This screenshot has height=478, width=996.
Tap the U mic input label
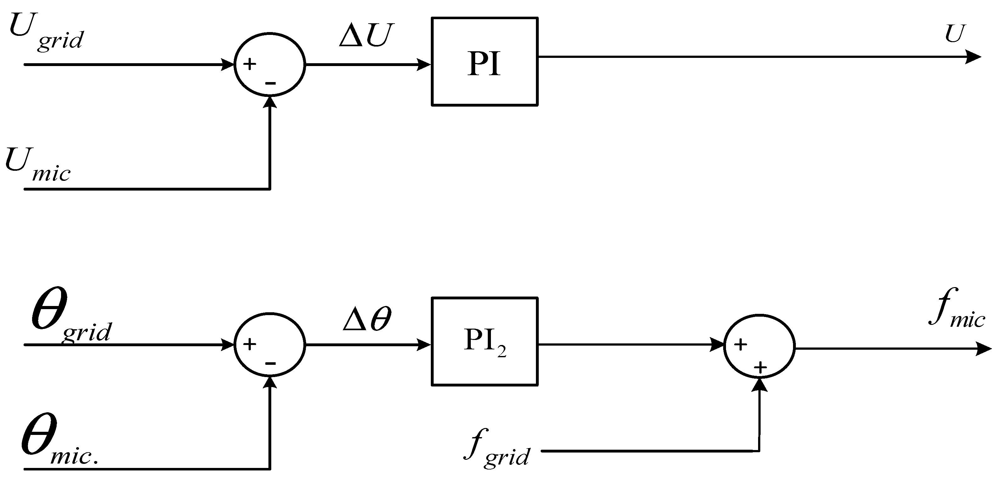click(38, 164)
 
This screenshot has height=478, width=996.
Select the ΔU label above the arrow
click(365, 36)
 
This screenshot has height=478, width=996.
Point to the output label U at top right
click(955, 34)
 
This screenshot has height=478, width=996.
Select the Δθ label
click(367, 320)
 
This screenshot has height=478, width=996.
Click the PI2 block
click(484, 342)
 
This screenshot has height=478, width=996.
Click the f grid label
click(497, 448)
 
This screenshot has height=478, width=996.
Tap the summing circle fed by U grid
click(269, 64)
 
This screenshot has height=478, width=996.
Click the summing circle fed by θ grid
click(269, 344)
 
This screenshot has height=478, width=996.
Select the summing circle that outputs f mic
click(759, 347)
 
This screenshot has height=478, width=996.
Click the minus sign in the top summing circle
click(270, 83)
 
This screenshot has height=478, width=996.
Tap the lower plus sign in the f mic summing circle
click(760, 367)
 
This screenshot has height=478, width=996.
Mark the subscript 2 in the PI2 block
click(502, 353)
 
